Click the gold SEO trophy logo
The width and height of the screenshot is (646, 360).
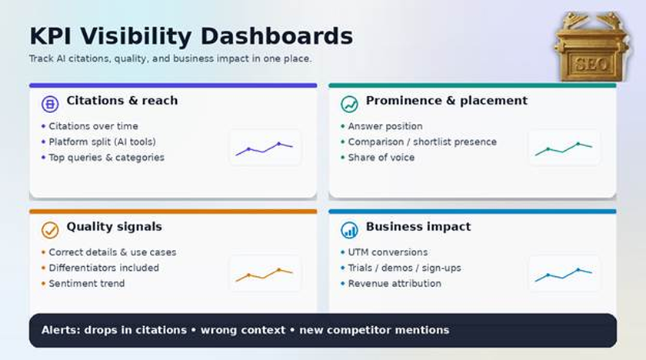click(x=591, y=47)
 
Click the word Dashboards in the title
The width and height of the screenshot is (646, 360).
click(x=277, y=36)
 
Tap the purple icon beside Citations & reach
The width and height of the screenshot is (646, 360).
click(x=50, y=104)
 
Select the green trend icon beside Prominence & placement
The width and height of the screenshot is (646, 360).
click(x=349, y=104)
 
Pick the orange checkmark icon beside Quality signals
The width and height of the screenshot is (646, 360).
click(x=50, y=230)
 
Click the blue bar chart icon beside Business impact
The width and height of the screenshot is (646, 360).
click(x=349, y=230)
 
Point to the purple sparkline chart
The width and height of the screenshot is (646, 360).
click(x=264, y=148)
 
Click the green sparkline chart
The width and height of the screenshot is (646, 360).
click(x=564, y=148)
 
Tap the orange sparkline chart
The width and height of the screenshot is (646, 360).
click(x=264, y=275)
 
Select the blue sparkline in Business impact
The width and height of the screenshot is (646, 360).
click(x=564, y=275)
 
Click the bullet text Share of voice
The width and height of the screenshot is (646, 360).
click(x=381, y=158)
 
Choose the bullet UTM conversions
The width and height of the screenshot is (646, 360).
click(x=388, y=252)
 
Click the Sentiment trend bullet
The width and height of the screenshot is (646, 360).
click(x=86, y=283)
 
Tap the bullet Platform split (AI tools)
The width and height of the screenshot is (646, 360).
click(x=102, y=142)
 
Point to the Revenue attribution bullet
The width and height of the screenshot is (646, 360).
click(x=395, y=283)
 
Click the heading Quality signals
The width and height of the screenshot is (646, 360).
click(x=114, y=227)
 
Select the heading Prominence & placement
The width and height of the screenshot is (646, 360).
click(x=447, y=101)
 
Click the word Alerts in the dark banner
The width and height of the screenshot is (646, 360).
click(x=61, y=330)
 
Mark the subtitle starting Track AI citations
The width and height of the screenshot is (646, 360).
click(x=170, y=58)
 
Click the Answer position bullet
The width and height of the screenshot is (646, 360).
click(x=385, y=126)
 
